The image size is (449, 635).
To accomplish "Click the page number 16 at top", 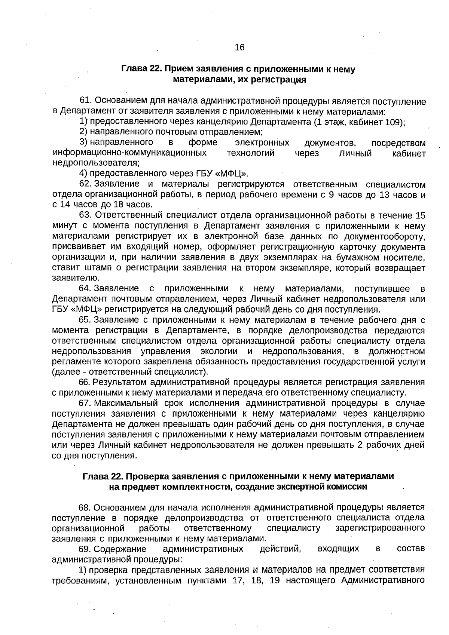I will tap(239, 47).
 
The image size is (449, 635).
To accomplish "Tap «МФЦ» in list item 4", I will tap(232, 174).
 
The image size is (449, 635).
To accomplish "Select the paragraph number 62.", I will tap(85, 184).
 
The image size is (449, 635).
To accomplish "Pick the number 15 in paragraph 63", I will tap(420, 216).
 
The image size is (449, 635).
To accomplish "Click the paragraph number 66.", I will tap(84, 383).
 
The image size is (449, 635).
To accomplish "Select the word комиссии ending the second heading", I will tap(348, 487).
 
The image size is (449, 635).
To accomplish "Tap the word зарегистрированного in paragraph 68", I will tap(380, 528).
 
